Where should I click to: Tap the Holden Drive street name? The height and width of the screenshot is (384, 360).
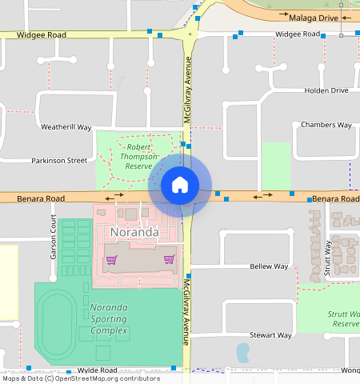point(326,90)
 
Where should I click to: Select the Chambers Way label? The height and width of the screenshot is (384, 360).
point(326,125)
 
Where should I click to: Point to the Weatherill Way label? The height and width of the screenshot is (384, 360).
point(66,127)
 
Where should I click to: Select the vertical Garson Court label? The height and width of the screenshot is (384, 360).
point(54,241)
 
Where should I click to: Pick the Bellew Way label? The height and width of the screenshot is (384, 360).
point(268,266)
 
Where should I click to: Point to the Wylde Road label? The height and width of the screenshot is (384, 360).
point(97,370)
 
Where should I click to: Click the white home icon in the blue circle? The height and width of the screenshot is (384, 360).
point(180,185)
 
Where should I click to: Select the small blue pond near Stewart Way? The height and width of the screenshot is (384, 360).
point(243,350)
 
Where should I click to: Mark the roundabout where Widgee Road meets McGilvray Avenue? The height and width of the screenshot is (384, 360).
point(190,34)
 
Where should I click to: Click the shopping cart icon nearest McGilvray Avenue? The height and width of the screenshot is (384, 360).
point(169,258)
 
